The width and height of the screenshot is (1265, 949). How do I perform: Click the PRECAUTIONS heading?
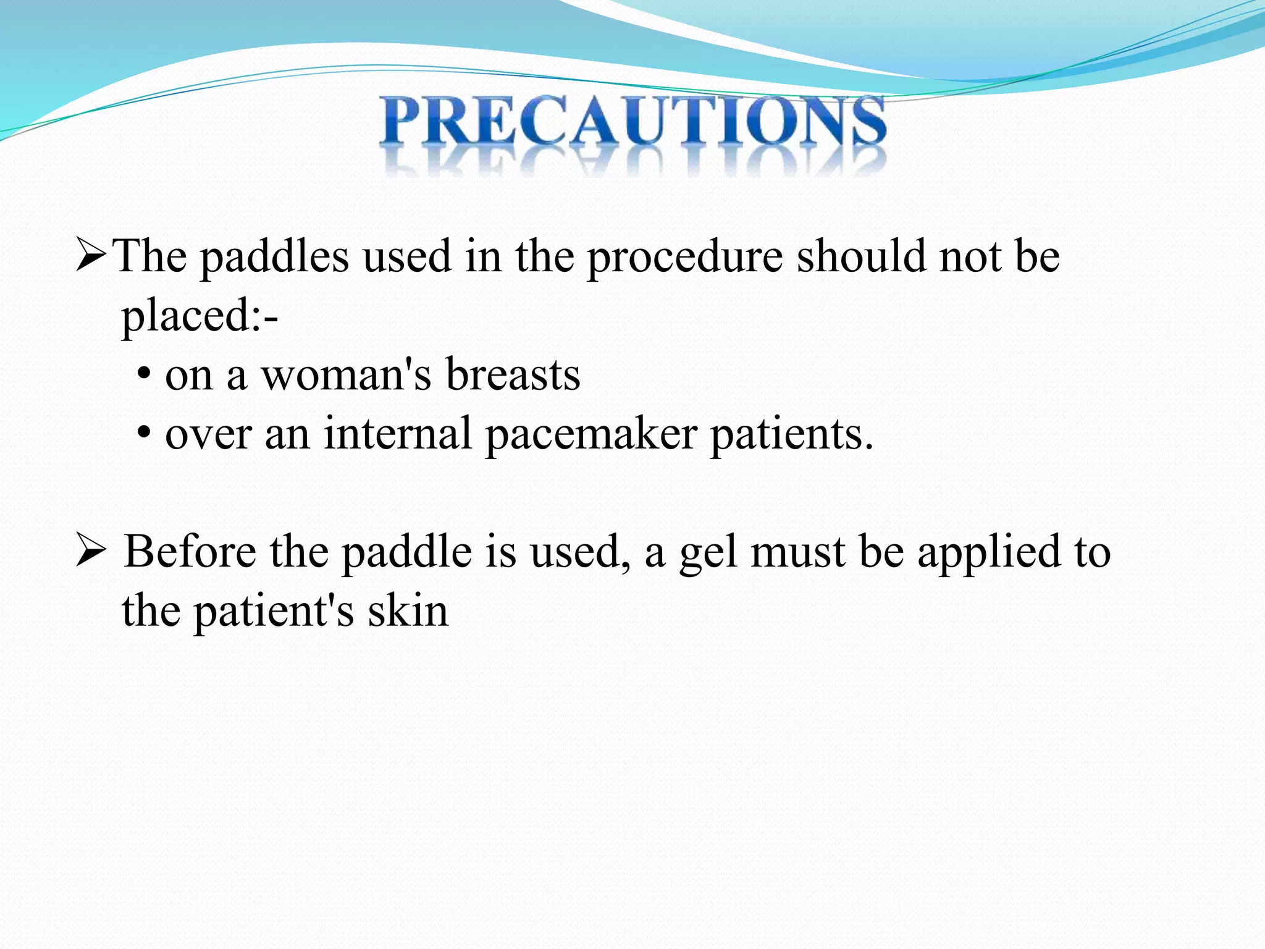click(x=632, y=124)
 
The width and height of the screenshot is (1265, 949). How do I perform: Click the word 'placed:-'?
click(x=199, y=316)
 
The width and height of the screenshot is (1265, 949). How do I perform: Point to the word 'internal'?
click(x=398, y=434)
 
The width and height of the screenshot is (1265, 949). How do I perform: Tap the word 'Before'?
click(x=190, y=551)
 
